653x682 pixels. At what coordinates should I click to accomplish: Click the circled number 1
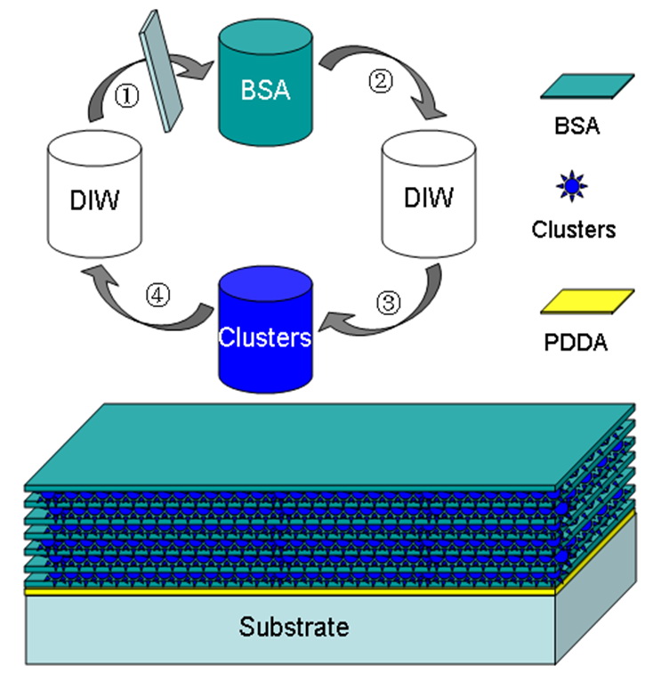pos(127,98)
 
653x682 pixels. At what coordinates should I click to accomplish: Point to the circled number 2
pos(381,84)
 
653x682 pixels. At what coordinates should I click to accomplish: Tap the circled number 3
pos(389,302)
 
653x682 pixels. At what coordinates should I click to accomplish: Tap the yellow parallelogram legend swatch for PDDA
pos(587,303)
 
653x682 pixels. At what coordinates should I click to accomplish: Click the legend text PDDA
pos(575,342)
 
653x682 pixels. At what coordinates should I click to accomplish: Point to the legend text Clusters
pos(574,229)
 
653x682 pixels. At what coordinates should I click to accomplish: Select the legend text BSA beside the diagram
pos(574,126)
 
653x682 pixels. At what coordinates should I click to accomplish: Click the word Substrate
pos(294,626)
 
